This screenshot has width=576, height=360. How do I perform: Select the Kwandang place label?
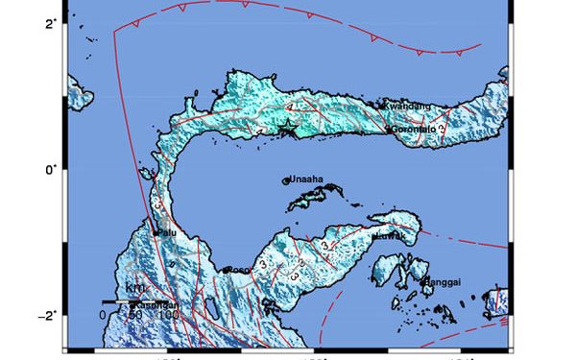[407, 106]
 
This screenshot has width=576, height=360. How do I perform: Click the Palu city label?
[169, 231]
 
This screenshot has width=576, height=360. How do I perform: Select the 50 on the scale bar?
[136, 313]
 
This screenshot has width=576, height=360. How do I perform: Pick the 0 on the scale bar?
[102, 313]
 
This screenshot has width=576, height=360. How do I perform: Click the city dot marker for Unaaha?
[285, 180]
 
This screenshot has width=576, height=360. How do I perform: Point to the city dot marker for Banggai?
[423, 280]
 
